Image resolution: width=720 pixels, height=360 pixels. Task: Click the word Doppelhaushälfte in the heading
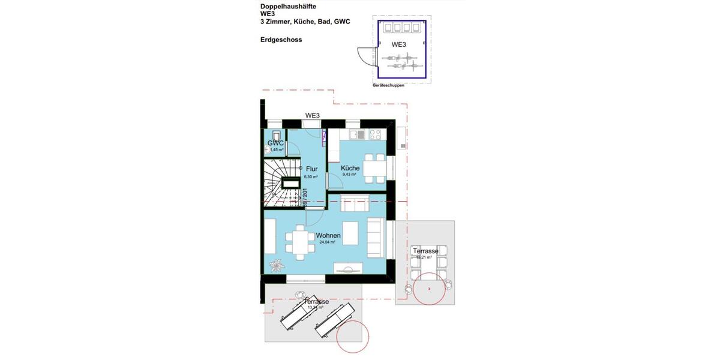click(x=288, y=7)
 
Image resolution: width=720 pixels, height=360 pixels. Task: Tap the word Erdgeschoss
click(x=281, y=40)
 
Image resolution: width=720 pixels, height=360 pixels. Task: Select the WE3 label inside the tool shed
click(x=398, y=44)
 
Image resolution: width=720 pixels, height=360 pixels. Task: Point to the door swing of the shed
click(x=364, y=55)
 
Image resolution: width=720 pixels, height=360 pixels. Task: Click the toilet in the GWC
click(x=275, y=135)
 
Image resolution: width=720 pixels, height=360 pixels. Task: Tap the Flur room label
click(x=311, y=169)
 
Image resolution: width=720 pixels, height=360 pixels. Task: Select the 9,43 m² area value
click(x=349, y=175)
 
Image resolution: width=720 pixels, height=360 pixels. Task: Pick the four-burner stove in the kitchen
click(x=376, y=133)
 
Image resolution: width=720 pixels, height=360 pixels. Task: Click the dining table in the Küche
click(x=377, y=168)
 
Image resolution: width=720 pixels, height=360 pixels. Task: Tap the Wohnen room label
click(x=328, y=235)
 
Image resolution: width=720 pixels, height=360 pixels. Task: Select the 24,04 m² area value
click(x=328, y=242)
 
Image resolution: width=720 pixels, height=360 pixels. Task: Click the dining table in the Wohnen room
click(x=299, y=242)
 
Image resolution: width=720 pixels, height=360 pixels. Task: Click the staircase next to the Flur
click(x=281, y=183)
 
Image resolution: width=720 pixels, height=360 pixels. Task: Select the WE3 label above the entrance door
click(x=312, y=115)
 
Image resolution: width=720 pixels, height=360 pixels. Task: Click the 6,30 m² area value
click(x=311, y=177)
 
